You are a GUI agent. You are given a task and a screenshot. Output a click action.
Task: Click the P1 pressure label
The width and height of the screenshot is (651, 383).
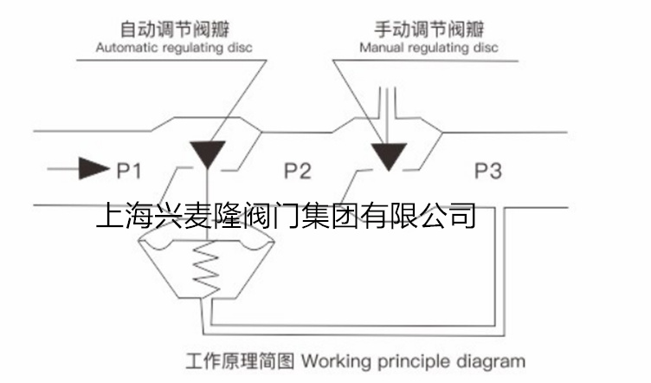click(x=129, y=169)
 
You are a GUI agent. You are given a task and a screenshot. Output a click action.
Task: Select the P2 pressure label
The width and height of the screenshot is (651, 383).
click(x=297, y=170)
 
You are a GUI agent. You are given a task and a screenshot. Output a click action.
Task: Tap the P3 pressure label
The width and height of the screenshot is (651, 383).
click(x=487, y=170)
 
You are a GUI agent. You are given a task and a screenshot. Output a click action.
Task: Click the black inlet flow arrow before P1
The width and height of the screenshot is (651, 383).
click(x=91, y=168)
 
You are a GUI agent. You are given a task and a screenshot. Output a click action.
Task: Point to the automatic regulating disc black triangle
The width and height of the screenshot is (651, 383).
click(x=208, y=153)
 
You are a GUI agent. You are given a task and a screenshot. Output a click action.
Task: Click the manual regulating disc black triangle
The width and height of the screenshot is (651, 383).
click(x=388, y=155)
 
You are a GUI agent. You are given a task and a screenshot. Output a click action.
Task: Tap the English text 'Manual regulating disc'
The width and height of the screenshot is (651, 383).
click(x=429, y=48)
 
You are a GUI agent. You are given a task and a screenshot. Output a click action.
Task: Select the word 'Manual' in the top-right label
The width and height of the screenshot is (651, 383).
click(x=380, y=48)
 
